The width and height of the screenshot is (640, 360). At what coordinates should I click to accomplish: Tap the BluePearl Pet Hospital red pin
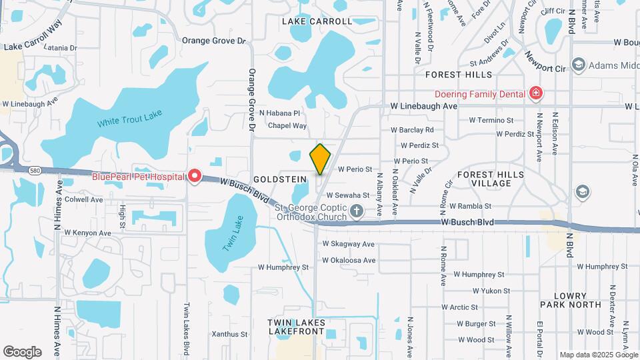pos(195,176)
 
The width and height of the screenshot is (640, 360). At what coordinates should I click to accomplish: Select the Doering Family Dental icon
pos(535,93)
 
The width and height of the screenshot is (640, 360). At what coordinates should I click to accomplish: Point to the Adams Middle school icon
pos(578,65)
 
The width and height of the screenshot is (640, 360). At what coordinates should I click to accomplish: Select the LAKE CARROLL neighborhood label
pos(317,21)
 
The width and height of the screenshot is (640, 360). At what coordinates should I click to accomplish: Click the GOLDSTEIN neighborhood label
pos(280,179)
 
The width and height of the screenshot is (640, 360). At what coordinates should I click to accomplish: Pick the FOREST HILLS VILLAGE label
pos(491,179)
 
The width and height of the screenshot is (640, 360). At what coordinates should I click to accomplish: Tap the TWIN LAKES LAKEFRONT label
pos(296,327)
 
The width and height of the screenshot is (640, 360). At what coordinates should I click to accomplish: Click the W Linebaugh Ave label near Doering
pos(424,106)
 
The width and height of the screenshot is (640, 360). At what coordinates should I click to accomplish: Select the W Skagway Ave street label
pos(349,244)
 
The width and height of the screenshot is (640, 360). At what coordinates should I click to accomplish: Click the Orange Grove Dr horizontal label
pos(214,41)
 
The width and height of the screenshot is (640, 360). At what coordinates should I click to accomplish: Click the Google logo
pos(22,352)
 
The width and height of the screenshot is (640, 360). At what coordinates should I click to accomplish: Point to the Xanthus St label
pos(229,334)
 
